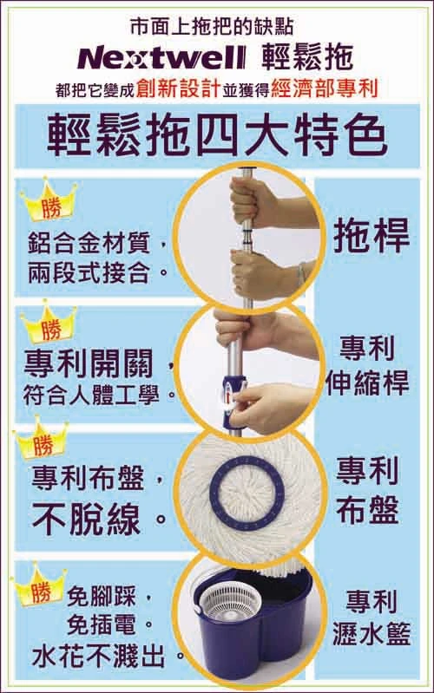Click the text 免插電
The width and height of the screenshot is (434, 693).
pyautogui.click(x=121, y=624)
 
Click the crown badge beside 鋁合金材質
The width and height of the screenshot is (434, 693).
pyautogui.click(x=46, y=207)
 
